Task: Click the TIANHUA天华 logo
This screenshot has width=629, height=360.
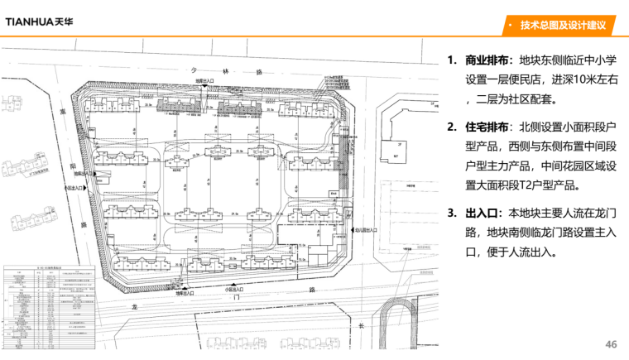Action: [39, 20]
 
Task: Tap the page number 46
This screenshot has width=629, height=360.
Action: [612, 344]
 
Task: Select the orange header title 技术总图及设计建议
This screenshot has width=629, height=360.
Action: [563, 26]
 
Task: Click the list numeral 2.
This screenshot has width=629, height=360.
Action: [451, 128]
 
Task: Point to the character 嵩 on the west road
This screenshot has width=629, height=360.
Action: [61, 108]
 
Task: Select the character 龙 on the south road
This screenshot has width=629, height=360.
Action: [132, 306]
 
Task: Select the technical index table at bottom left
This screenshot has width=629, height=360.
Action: [51, 307]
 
